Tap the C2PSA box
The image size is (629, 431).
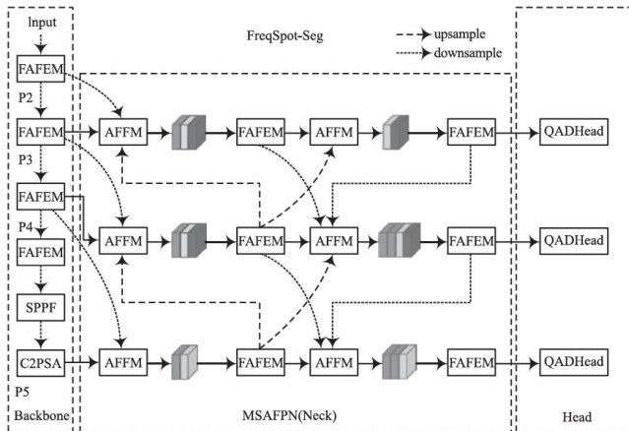tap(41, 362)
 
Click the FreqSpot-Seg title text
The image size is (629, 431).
tap(284, 36)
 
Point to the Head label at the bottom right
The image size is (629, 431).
tap(577, 417)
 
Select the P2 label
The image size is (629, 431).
tap(28, 99)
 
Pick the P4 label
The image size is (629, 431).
tap(28, 228)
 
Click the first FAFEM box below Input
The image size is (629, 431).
tap(41, 69)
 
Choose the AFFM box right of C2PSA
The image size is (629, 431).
tap(124, 362)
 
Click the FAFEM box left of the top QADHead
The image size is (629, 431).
tap(472, 132)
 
